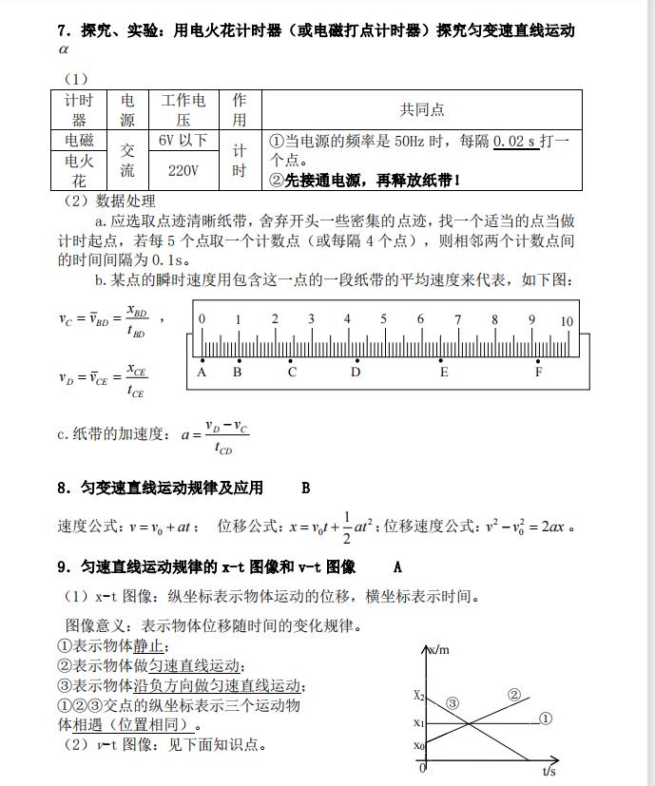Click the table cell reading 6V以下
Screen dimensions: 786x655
click(183, 140)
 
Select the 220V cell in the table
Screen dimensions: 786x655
click(183, 170)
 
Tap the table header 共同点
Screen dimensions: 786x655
click(421, 109)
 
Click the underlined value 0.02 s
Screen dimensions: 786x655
click(514, 141)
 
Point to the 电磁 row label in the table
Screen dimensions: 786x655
click(79, 140)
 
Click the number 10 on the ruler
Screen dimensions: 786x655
click(567, 321)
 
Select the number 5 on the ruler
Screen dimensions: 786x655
click(384, 319)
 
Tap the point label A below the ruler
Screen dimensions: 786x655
click(202, 373)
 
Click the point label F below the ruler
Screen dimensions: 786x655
click(538, 373)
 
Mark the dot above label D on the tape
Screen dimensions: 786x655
click(356, 360)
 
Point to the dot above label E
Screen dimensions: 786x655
click(443, 360)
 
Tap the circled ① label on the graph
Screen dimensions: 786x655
click(546, 719)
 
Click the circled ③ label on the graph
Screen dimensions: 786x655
click(453, 703)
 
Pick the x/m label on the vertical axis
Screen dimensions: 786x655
click(438, 650)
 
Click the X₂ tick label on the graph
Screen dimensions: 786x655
click(418, 695)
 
